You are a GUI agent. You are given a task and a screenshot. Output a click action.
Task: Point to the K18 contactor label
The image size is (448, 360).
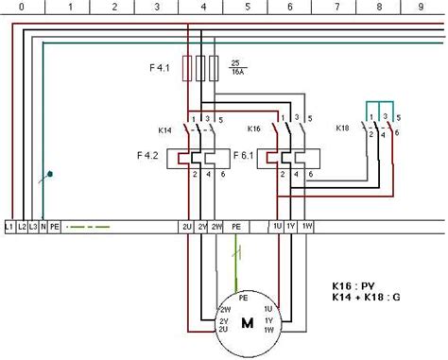pyautogui.click(x=345, y=126)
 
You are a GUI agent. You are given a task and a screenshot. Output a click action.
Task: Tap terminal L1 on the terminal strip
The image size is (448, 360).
pyautogui.click(x=9, y=227)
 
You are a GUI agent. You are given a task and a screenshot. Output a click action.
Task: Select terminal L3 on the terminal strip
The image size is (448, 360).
pyautogui.click(x=34, y=227)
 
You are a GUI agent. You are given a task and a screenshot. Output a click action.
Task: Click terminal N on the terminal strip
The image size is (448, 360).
pyautogui.click(x=44, y=227)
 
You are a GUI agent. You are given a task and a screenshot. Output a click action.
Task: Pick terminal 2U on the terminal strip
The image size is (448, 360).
pyautogui.click(x=188, y=227)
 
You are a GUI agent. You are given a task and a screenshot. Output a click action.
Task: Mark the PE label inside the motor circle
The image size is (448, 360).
pyautogui.click(x=243, y=298)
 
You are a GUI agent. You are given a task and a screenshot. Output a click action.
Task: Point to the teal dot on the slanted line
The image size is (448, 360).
pyautogui.click(x=51, y=174)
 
